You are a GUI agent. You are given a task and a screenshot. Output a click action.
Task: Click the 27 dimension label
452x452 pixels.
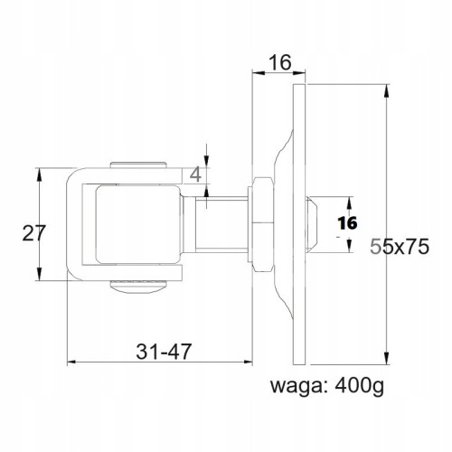click(33, 233)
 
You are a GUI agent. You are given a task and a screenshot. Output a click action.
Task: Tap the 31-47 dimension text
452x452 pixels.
click(164, 352)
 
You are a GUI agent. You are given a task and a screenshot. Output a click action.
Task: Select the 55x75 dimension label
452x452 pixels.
click(400, 247)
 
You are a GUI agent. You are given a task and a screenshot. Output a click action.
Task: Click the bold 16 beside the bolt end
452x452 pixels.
click(347, 223)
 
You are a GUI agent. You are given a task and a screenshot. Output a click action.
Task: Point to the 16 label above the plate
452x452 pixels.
click(280, 62)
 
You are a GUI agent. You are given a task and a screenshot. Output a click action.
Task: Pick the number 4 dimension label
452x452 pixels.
click(196, 174)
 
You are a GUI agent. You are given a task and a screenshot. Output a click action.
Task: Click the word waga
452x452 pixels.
click(296, 387)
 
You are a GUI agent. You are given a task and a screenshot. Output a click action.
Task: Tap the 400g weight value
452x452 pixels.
click(359, 386)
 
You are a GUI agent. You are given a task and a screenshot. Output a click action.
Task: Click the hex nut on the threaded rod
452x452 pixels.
click(263, 224)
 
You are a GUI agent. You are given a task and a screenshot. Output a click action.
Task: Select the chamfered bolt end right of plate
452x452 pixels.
click(311, 224)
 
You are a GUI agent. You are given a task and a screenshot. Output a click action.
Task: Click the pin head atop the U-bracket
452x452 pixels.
click(138, 165)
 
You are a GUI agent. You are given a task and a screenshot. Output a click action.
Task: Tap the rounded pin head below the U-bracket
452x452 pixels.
click(138, 287)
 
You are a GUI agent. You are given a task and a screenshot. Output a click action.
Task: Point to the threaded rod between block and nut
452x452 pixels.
click(221, 224)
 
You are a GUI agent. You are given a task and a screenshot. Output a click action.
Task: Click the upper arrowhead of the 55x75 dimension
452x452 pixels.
click(386, 90)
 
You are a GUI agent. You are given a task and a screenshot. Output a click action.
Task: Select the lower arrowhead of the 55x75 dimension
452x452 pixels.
click(386, 358)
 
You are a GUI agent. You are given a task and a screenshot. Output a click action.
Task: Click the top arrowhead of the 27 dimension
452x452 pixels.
click(39, 174)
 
